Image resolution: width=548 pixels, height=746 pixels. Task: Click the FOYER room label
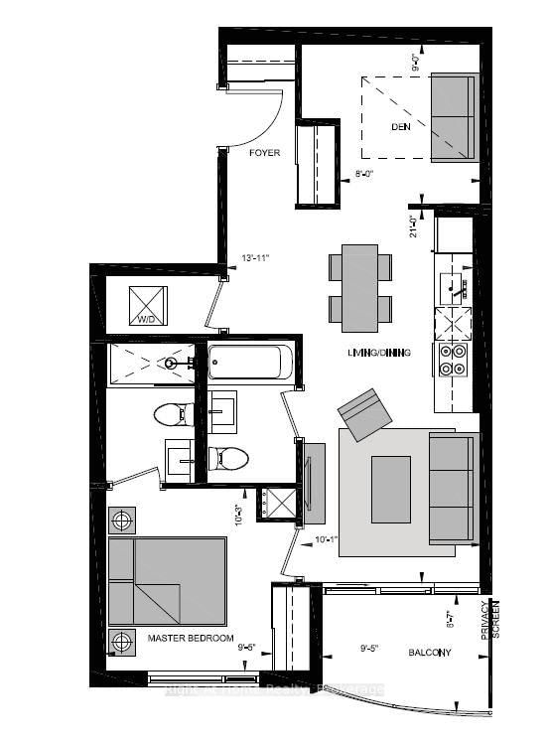264,153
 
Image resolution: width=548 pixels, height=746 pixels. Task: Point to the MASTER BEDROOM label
190,637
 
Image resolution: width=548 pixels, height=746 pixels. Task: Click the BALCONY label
430,653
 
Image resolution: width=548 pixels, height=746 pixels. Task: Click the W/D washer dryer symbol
148,304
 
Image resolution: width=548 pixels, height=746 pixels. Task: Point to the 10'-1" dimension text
327,540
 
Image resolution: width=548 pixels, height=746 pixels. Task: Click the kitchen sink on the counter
456,287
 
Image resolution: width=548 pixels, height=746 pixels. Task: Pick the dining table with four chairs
359,287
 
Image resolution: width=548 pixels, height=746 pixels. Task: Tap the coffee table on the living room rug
390,488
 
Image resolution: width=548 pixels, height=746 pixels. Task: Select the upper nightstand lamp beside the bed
122,520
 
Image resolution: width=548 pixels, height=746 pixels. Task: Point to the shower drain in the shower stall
172,363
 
